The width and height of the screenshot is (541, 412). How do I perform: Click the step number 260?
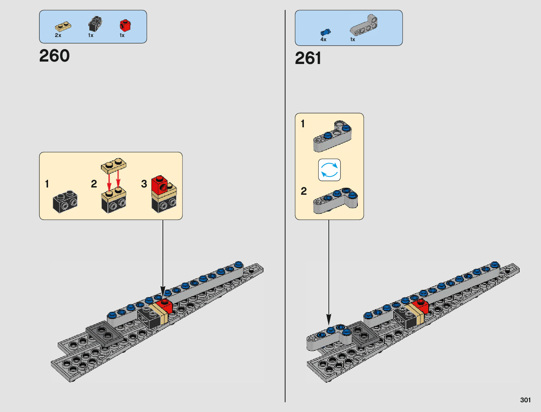point(54,55)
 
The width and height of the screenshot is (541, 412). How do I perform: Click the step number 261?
point(308,58)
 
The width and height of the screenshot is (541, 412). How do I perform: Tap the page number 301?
point(525,400)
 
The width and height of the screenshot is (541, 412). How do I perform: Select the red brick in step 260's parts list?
point(125,25)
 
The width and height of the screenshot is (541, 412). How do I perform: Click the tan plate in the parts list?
point(63,27)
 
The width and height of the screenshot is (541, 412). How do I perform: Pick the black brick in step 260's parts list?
point(95,24)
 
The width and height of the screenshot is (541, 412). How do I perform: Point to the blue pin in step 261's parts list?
point(325,32)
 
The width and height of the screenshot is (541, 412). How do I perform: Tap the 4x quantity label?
point(323,39)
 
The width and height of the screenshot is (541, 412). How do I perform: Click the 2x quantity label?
point(58,35)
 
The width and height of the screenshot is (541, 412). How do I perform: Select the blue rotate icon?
point(329,170)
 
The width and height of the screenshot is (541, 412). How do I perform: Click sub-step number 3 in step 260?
point(144,184)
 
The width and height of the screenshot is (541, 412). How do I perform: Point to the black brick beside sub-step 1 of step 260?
point(65,201)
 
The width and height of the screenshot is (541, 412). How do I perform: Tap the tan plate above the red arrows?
point(114,164)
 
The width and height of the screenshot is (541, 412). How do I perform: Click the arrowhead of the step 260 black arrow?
point(163,292)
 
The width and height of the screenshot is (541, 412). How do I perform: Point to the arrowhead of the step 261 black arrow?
point(328,320)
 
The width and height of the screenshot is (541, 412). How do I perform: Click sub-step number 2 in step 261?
point(304,191)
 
